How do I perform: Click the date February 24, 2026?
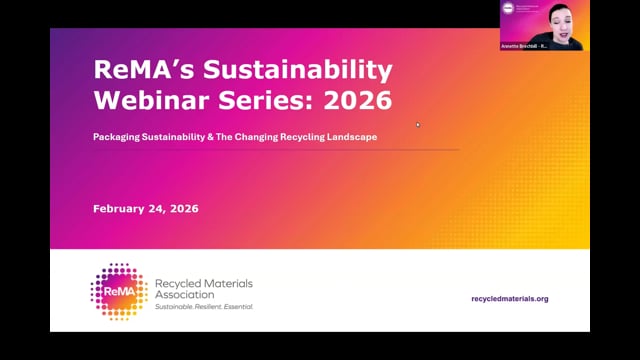click(145, 209)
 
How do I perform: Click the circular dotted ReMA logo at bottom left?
click(119, 292)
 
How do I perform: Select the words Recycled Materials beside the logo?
click(202, 284)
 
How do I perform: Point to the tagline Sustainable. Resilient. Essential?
click(204, 307)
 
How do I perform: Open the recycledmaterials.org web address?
click(509, 298)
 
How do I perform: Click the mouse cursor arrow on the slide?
click(418, 125)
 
